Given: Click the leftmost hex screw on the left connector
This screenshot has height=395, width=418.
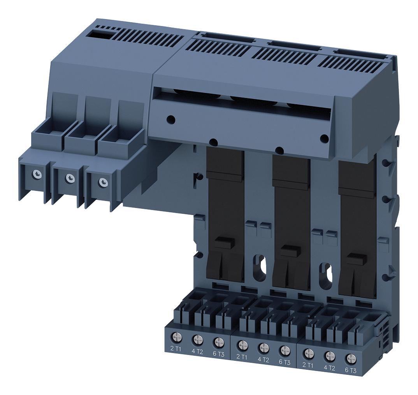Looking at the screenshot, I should [x=36, y=173].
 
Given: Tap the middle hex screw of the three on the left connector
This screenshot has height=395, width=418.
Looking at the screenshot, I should [x=69, y=178].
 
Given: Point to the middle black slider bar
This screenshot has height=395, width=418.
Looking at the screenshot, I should [x=292, y=218].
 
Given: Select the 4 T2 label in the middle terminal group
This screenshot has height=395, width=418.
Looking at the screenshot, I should [x=263, y=360].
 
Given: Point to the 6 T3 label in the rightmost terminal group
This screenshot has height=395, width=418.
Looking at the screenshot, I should [x=350, y=371].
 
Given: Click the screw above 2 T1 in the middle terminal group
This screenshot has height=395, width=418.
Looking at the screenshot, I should [x=242, y=344].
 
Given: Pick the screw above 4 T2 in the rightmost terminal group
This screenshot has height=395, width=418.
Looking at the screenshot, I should [x=330, y=355].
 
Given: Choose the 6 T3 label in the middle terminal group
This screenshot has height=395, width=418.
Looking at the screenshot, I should [x=285, y=362].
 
